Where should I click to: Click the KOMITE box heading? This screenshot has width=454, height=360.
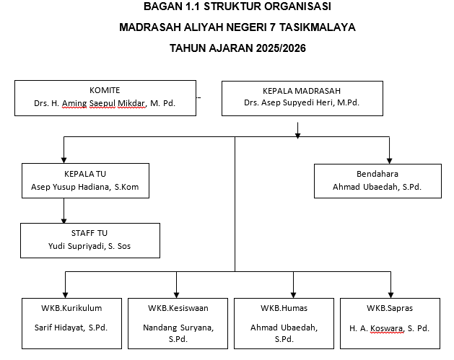(x=105, y=90)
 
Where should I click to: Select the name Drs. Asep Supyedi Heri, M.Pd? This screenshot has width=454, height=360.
(x=302, y=103)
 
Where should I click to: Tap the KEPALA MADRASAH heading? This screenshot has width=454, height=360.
(x=302, y=92)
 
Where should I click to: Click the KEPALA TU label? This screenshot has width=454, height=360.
(x=85, y=174)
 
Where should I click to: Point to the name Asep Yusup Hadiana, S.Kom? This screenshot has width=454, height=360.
(x=85, y=188)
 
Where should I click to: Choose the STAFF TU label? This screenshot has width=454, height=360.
(x=90, y=234)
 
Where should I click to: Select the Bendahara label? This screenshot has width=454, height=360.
(x=377, y=174)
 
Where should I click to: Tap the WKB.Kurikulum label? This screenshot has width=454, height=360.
(x=68, y=308)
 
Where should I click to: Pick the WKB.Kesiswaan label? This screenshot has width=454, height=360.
(x=177, y=308)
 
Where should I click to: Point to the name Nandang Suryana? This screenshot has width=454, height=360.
(x=177, y=328)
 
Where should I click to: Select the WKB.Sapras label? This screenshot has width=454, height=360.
(x=390, y=308)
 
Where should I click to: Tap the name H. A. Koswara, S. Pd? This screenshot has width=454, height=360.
(x=390, y=328)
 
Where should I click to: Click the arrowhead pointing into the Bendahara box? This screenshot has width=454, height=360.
(x=390, y=160)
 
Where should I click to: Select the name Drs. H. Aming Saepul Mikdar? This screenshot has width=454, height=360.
(x=90, y=103)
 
